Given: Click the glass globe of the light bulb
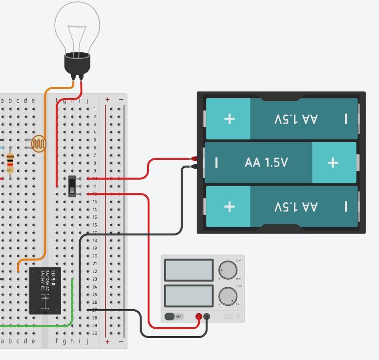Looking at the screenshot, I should click(77, 27).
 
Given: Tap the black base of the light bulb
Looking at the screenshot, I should click(77, 64).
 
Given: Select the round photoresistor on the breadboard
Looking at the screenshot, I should click(38, 144).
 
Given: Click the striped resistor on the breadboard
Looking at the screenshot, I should click(10, 162).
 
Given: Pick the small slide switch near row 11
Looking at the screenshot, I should click(72, 186).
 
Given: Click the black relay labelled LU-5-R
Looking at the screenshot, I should click(45, 291).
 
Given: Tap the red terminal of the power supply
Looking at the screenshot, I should click(199, 317).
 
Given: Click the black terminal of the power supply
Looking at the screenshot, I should click(207, 317).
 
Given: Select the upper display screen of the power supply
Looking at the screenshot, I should click(189, 270).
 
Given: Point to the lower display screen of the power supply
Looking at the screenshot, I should click(189, 296).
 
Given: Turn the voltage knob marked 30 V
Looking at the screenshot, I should click(228, 270).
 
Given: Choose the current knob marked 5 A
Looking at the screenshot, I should click(228, 296).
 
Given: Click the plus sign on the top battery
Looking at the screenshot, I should click(229, 119).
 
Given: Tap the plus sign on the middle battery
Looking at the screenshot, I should click(333, 163).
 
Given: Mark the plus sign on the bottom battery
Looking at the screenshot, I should click(229, 206).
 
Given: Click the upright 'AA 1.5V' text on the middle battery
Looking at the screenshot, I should click(266, 163).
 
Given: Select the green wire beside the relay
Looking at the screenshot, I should click(72, 303).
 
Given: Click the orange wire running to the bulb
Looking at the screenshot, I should click(45, 171).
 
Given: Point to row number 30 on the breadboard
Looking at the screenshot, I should click(95, 333).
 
